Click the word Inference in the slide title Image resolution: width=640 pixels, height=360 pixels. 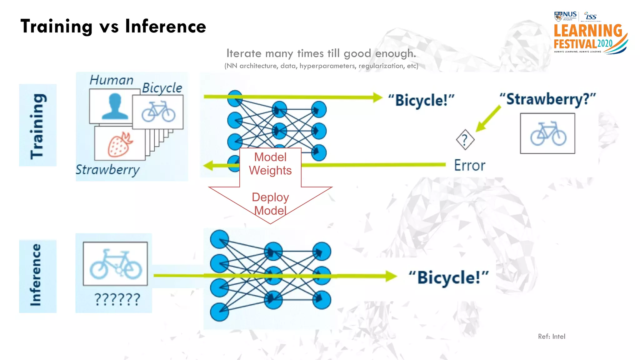(166, 26)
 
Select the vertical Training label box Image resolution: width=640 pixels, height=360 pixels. (38, 125)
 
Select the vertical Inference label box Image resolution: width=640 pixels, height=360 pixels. (38, 276)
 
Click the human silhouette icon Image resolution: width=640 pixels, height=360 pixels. (115, 107)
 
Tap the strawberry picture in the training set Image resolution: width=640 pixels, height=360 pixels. (120, 144)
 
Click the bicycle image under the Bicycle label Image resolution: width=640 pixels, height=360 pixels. (158, 112)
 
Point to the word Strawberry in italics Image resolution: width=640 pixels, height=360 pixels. (107, 170)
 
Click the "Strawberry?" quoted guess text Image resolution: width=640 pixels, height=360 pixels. (547, 99)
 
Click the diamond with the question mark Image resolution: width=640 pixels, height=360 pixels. (465, 140)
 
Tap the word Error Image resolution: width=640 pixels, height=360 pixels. (469, 165)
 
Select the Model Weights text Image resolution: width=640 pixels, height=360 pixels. (270, 164)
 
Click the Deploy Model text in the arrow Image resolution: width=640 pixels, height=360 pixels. (270, 204)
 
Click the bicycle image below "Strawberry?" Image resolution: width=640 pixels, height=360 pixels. (547, 133)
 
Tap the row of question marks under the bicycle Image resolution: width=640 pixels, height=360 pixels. (117, 299)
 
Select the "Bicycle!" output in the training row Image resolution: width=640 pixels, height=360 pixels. (421, 100)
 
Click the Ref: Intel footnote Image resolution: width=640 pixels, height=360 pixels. (552, 337)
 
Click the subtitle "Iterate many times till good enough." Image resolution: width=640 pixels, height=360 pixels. (321, 53)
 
